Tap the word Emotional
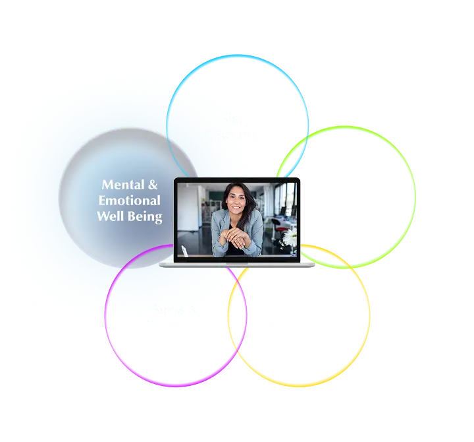[x=130, y=200]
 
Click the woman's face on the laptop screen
[x=235, y=199]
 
